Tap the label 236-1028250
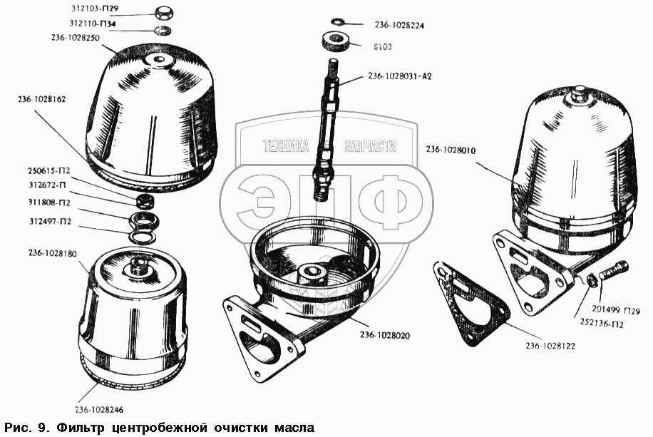pos(76,38)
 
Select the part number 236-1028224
pos(399,26)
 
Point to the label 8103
pos(382,46)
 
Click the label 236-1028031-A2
pos(399,76)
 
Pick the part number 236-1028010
pos(451,150)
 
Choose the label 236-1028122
pos(550,346)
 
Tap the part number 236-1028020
pos(385,335)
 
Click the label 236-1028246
pos(99,409)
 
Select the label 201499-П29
pos(615,310)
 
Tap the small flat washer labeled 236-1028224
pos(336,21)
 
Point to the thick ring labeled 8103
pos(335,41)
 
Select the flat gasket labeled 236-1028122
pos(468,302)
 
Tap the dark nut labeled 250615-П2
pos(147,200)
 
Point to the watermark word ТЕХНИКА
pos(286,146)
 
